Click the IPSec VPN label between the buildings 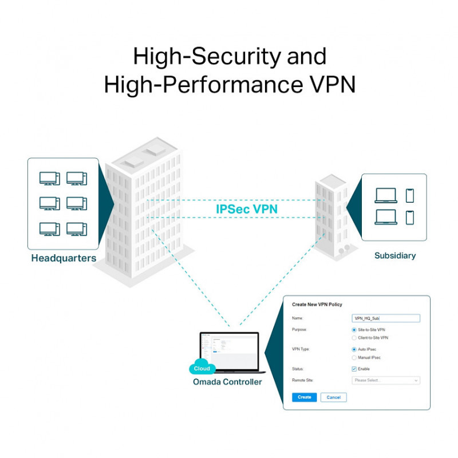click(247, 210)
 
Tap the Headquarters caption click(64, 258)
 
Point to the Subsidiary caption click(395, 255)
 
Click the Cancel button click(333, 397)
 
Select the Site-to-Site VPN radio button click(354, 330)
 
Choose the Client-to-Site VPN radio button click(354, 338)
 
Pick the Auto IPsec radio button click(354, 349)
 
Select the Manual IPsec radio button click(354, 358)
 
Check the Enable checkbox click(354, 369)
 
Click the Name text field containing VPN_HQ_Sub click(385, 318)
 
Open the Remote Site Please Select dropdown click(385, 380)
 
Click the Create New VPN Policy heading click(317, 305)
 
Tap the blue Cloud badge click(202, 369)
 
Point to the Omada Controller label click(227, 382)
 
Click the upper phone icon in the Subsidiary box click(409, 195)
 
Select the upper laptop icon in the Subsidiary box click(385, 196)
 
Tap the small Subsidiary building click(331, 218)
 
